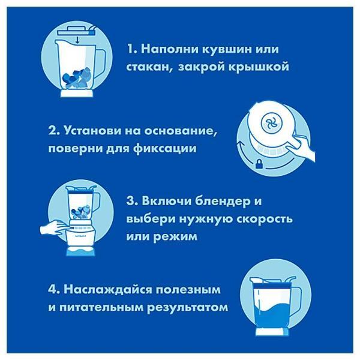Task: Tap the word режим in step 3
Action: point(196,237)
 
